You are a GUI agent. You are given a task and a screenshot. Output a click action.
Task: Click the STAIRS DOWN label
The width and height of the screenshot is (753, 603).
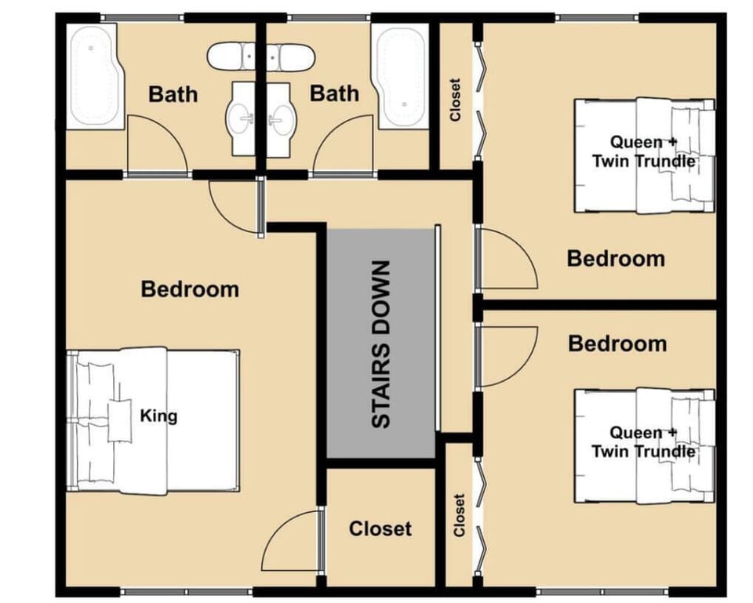[x=381, y=344]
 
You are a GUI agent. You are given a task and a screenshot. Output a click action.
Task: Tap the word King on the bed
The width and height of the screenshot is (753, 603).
[x=158, y=416]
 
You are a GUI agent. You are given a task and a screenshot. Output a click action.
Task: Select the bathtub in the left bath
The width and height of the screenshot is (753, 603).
[x=93, y=76]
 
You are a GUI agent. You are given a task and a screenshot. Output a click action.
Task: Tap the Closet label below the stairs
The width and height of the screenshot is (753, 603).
[x=380, y=529]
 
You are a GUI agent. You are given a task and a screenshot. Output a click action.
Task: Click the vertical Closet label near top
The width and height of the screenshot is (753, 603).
[x=455, y=99]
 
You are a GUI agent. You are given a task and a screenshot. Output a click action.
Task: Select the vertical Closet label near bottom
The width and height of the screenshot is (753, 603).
[x=460, y=515]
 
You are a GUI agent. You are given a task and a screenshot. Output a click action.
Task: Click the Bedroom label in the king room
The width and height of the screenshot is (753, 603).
[x=190, y=289]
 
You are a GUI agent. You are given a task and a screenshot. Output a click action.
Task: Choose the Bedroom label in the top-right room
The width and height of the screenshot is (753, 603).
[x=616, y=258]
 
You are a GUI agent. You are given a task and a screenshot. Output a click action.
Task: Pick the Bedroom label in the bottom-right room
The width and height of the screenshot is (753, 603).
[x=617, y=343]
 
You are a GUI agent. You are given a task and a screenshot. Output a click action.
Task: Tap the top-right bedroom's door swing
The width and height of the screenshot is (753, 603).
[x=506, y=259]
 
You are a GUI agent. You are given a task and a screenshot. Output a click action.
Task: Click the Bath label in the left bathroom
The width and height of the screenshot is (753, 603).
[x=173, y=95]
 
